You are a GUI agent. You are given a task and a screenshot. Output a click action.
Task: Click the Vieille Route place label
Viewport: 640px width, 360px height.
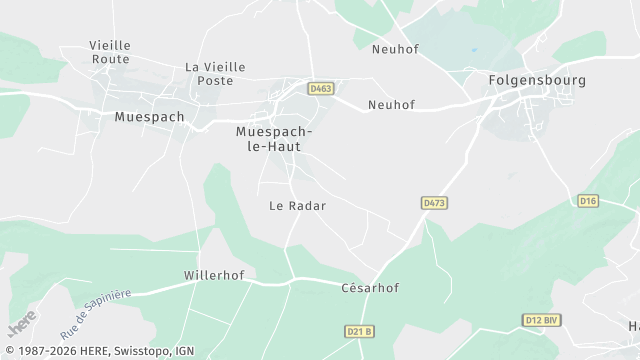coord(110,52)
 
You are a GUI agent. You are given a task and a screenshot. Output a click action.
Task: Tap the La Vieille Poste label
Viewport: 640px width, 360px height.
coord(215,73)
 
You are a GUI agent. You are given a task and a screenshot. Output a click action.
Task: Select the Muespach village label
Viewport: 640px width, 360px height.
coord(150,116)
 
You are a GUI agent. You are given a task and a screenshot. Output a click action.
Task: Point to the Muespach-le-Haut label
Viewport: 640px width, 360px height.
coord(274,138)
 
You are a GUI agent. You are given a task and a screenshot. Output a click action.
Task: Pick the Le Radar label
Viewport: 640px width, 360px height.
coord(298,205)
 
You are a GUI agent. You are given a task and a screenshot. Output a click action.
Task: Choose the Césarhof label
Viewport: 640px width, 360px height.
coord(370,288)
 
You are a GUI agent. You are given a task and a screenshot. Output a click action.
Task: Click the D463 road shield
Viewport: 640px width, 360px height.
coord(320,89)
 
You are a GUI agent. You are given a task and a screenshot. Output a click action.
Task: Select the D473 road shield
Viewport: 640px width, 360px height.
coord(433,203)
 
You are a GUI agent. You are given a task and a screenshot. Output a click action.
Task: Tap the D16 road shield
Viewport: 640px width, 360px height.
coord(588,201)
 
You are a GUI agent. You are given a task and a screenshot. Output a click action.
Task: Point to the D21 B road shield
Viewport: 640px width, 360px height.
coord(358,331)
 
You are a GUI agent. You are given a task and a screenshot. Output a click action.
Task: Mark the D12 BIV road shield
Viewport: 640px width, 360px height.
coord(541,320)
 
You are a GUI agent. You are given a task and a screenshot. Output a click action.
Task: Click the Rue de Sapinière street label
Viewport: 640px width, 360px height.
coord(95,313)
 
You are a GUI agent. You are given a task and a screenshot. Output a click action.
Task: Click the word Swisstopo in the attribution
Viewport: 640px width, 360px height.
coord(146,351)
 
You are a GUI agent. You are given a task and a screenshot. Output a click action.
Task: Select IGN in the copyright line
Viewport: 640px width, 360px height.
coord(184,351)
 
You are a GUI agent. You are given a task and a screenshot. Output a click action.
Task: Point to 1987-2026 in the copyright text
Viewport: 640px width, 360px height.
coord(48,351)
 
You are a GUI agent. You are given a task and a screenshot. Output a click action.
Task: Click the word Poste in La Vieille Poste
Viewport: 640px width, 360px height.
coord(215,80)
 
